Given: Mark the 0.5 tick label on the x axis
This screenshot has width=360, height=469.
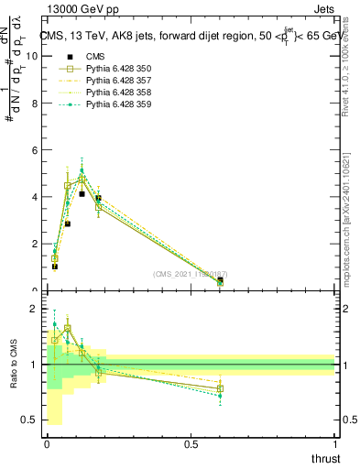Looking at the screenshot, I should pos(191,444).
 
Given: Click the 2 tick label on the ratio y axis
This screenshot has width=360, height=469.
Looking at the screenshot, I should pos(36,309).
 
